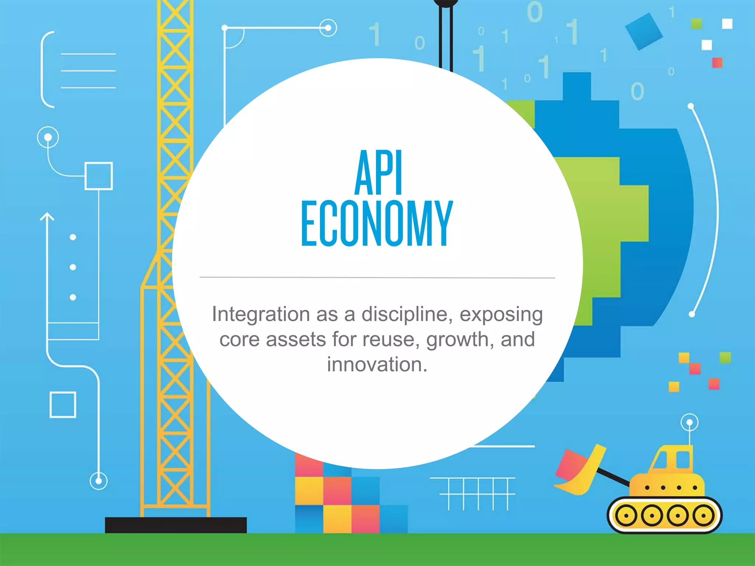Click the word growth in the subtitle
457,339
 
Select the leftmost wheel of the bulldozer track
625,515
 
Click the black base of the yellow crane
175,524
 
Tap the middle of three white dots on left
73,267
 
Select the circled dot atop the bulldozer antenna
689,422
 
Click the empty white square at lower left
63,405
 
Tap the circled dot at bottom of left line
98,481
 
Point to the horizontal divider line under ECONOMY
377,277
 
